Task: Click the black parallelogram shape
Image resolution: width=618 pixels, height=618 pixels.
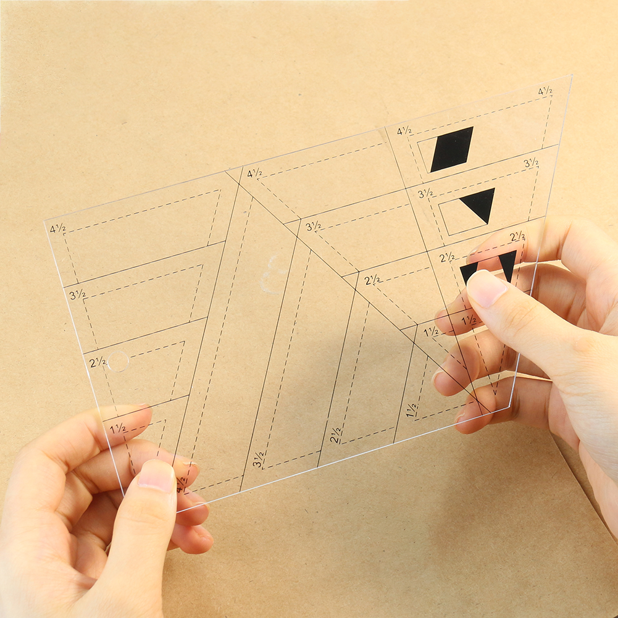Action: [452, 149]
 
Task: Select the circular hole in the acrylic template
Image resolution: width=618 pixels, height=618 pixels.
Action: [118, 361]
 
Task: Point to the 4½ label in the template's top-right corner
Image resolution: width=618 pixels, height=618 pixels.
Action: [545, 91]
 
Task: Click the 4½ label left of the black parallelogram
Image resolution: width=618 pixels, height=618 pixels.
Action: [404, 131]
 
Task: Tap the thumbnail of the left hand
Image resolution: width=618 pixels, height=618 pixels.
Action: [156, 475]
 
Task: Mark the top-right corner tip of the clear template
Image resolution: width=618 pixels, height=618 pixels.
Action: [571, 76]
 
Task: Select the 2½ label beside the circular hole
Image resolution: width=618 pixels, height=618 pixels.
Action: [98, 362]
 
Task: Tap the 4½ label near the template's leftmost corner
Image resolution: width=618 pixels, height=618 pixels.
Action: [58, 228]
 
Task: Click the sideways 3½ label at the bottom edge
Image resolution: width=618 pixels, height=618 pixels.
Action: [259, 459]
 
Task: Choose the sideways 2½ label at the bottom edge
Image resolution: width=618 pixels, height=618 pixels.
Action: [336, 435]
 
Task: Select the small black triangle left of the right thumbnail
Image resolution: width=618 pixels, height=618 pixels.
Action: [468, 270]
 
